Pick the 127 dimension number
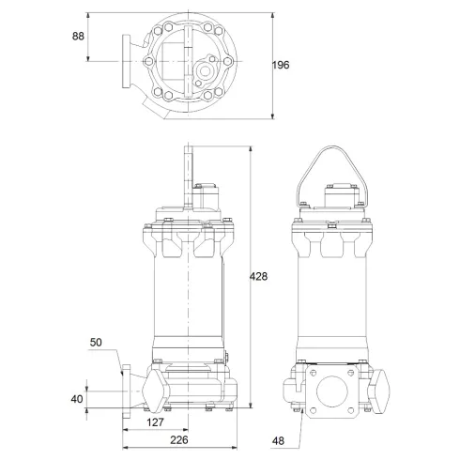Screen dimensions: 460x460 [156, 422]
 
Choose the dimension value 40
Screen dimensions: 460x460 [77, 399]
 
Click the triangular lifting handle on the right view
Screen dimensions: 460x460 [331, 174]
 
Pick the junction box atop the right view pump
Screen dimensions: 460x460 [337, 198]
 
